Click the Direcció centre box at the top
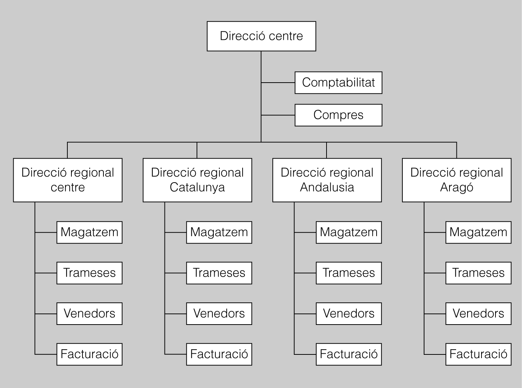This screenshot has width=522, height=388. (261, 36)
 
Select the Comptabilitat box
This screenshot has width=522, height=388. (338, 83)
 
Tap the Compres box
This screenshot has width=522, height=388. (338, 115)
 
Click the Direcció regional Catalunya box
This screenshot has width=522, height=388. (197, 180)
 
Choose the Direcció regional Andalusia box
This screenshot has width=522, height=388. (327, 180)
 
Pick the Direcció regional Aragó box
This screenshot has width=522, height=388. (456, 180)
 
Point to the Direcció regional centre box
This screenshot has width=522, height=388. (68, 180)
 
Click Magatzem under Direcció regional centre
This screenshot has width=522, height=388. (89, 232)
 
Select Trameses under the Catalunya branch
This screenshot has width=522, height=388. (219, 273)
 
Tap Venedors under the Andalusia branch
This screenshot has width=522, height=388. (349, 313)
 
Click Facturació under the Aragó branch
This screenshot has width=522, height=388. (478, 354)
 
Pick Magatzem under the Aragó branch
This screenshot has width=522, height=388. (478, 232)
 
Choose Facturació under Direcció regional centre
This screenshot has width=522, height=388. (89, 354)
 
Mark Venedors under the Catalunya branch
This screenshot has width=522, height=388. (219, 313)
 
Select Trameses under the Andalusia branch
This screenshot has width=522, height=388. (349, 273)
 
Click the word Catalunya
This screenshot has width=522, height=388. (197, 187)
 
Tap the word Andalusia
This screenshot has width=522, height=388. (327, 187)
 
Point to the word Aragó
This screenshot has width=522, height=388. (456, 187)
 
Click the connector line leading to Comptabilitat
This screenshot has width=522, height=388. (278, 83)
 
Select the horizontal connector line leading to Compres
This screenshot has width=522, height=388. (278, 115)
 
